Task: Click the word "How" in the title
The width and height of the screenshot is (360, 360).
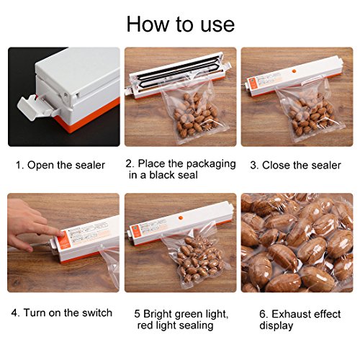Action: (x=148, y=24)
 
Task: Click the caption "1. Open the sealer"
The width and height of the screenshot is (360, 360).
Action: (x=60, y=165)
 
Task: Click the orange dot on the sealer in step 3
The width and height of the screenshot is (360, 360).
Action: (x=294, y=71)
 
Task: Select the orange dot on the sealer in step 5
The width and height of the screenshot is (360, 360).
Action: (x=181, y=218)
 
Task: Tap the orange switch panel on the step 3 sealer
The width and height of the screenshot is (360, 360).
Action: (x=253, y=84)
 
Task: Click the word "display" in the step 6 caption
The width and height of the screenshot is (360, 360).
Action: (x=276, y=326)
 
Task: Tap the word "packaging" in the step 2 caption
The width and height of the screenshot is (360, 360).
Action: (x=211, y=164)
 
